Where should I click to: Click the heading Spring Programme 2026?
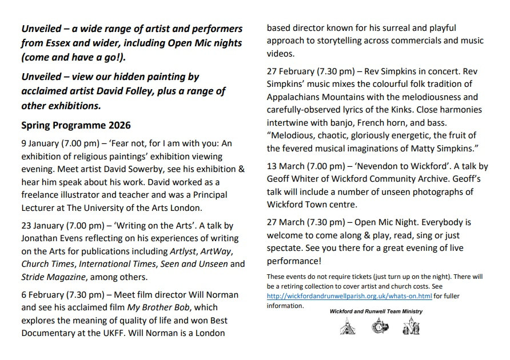pyautogui.click(x=76, y=125)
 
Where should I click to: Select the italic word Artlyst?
pyautogui.click(x=186, y=251)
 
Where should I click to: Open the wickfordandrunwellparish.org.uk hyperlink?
pyautogui.click(x=349, y=296)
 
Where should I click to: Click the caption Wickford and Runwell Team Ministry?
pyautogui.click(x=376, y=311)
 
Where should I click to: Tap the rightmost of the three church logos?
pyautogui.click(x=411, y=327)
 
